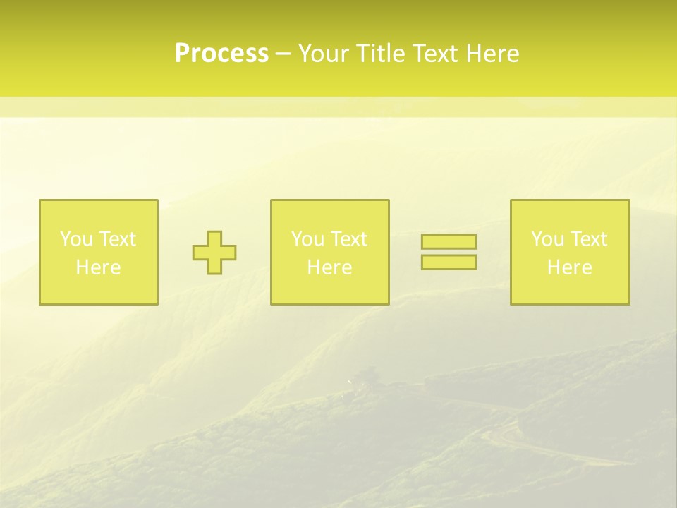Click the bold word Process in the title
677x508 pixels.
pyautogui.click(x=221, y=54)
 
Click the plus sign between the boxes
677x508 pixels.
pyautogui.click(x=214, y=253)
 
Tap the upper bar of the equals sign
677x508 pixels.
pyautogui.click(x=449, y=242)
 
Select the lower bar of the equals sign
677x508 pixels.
pyautogui.click(x=449, y=262)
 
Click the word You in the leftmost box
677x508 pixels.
pyautogui.click(x=76, y=239)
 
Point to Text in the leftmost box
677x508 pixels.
pyautogui.click(x=116, y=239)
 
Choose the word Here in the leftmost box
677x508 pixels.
pyautogui.click(x=98, y=267)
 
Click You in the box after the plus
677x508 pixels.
pyautogui.click(x=307, y=239)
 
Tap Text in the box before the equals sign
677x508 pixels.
pyautogui.click(x=348, y=239)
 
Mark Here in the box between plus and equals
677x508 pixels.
pyautogui.click(x=329, y=267)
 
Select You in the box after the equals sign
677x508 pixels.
pyautogui.click(x=547, y=239)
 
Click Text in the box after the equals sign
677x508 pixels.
pyautogui.click(x=587, y=239)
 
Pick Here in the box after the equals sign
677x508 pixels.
pyautogui.click(x=569, y=267)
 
